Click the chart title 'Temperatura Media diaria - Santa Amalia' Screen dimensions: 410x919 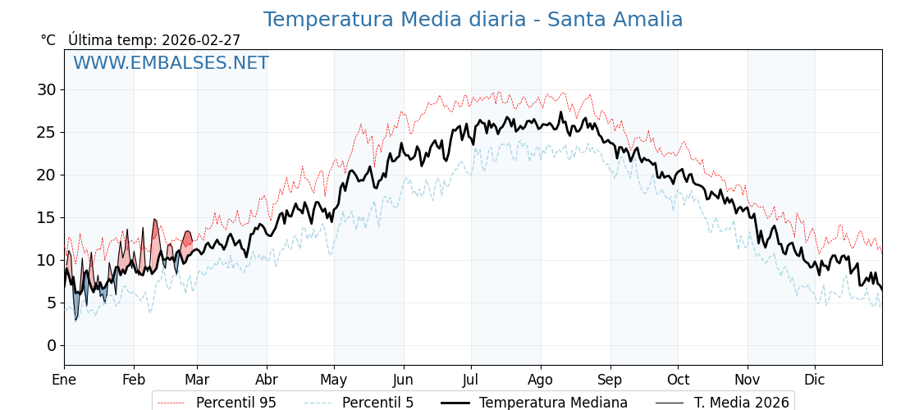pyautogui.click(x=473, y=20)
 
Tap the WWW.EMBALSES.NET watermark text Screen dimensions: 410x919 pyautogui.click(x=171, y=63)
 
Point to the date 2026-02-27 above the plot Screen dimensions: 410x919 pyautogui.click(x=201, y=40)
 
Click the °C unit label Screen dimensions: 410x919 pyautogui.click(x=48, y=40)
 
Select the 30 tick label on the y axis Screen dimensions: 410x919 pyautogui.click(x=47, y=89)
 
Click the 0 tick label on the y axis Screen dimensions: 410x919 pyautogui.click(x=52, y=345)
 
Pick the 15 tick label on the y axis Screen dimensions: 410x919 pyautogui.click(x=47, y=217)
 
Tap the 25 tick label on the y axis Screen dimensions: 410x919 pyautogui.click(x=47, y=132)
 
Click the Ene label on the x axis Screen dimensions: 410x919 pyautogui.click(x=64, y=380)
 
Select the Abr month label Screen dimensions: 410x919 pyautogui.click(x=267, y=380)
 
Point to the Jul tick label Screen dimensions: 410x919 pyautogui.click(x=471, y=380)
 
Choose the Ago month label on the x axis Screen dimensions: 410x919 pyautogui.click(x=541, y=380)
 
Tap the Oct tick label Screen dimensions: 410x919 pyautogui.click(x=678, y=380)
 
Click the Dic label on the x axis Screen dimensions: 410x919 pyautogui.click(x=815, y=380)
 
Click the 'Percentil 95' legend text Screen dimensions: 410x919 pyautogui.click(x=235, y=403)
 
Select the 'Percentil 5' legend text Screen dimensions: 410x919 pyautogui.click(x=377, y=403)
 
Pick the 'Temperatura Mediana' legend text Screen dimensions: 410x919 pyautogui.click(x=553, y=403)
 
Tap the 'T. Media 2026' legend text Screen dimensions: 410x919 pyautogui.click(x=741, y=403)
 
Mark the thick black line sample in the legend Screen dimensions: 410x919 pyautogui.click(x=455, y=403)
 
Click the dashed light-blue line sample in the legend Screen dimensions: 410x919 pyautogui.click(x=318, y=403)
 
